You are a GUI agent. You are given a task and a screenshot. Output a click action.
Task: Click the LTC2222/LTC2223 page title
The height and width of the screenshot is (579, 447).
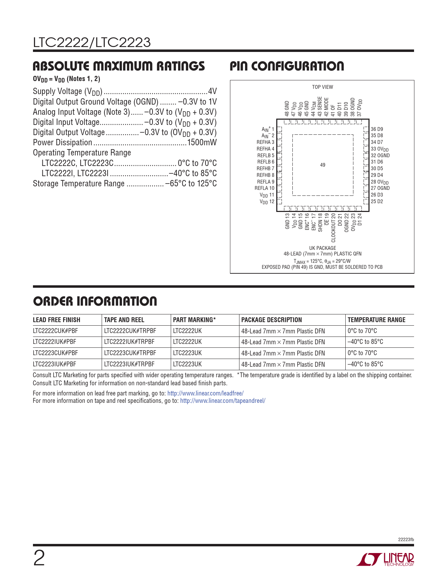point(92,43)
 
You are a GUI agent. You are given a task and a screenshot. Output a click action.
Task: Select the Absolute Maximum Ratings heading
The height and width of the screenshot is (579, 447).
point(119,66)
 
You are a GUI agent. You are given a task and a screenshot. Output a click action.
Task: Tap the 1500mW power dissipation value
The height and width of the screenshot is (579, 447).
point(202,142)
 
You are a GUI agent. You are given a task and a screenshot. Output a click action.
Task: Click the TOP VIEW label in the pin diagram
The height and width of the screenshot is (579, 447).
point(323,87)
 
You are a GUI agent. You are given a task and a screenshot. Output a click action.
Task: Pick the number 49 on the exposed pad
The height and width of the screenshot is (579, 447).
point(323,165)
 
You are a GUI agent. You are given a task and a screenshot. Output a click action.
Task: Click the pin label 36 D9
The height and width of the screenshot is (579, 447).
point(377,129)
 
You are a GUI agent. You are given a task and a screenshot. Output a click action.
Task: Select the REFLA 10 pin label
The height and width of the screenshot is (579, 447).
point(265,188)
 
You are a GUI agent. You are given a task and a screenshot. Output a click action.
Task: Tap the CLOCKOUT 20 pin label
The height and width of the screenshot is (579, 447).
point(333,228)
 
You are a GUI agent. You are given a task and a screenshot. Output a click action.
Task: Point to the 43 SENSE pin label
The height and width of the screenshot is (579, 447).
point(320,107)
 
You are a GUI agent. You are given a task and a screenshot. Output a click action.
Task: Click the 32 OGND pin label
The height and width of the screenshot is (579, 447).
point(380,155)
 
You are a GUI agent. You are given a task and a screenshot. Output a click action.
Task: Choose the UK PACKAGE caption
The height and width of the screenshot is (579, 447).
point(323,248)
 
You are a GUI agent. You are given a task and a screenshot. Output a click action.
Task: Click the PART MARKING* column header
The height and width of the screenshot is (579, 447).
point(194,320)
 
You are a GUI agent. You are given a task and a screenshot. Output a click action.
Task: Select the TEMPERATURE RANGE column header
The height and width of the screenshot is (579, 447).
point(376,320)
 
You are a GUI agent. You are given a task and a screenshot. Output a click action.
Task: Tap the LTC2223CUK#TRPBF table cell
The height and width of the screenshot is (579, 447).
point(130,353)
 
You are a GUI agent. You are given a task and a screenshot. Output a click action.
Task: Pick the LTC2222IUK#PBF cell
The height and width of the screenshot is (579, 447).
point(54,342)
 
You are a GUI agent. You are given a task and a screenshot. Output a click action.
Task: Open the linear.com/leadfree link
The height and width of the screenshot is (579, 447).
point(205,393)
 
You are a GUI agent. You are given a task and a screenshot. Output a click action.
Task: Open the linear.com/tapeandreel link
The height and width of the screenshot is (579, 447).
point(223,401)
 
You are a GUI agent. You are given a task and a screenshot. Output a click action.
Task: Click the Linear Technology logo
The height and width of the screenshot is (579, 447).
point(385,559)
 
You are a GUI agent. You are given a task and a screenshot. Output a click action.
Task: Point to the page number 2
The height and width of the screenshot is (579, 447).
point(39,559)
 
